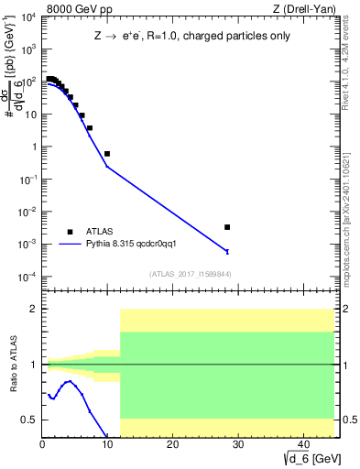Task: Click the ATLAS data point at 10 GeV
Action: click(107, 154)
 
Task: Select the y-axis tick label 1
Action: click(33, 147)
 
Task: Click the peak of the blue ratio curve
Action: click(67, 381)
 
